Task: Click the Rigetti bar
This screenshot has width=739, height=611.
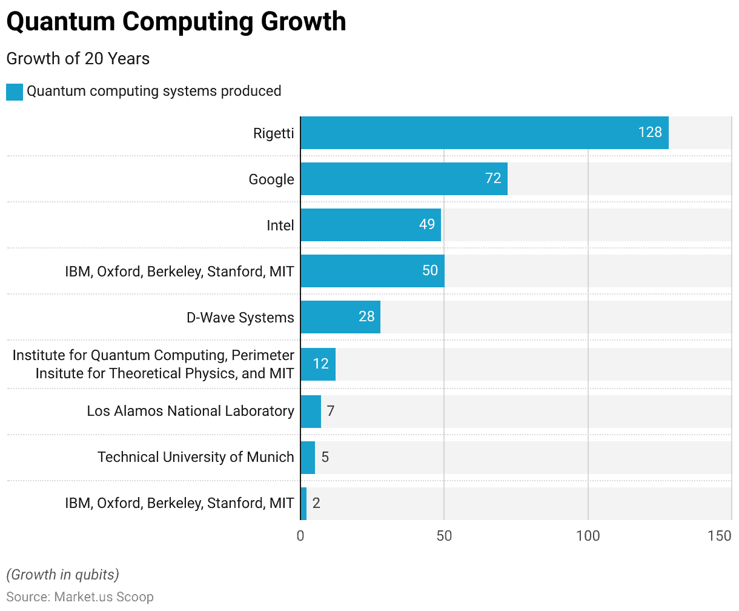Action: (485, 133)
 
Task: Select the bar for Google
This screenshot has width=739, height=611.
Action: (404, 179)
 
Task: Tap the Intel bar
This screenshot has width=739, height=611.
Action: (371, 225)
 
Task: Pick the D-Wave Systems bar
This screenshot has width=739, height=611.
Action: (340, 317)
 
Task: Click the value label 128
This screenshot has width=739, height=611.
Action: (650, 132)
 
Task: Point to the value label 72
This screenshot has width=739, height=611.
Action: (493, 178)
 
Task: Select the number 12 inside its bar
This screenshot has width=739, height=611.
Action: (320, 364)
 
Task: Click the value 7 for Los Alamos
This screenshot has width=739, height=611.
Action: (331, 411)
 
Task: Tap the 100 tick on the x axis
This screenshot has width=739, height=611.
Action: (588, 536)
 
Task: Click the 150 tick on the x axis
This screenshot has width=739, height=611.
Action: (720, 536)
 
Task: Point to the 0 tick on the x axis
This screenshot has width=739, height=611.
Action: (300, 536)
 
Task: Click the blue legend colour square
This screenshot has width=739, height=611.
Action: (15, 92)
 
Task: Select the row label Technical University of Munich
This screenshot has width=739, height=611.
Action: (196, 457)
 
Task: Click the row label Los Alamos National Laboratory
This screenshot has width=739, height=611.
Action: (190, 411)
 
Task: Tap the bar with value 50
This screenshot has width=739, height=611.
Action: (373, 271)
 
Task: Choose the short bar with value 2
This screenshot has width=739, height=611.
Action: (303, 504)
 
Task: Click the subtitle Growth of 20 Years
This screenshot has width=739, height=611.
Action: (78, 59)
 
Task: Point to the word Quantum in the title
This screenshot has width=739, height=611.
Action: (61, 22)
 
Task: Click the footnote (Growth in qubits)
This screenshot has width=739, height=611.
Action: (62, 575)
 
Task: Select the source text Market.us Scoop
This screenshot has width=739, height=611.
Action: (104, 597)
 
